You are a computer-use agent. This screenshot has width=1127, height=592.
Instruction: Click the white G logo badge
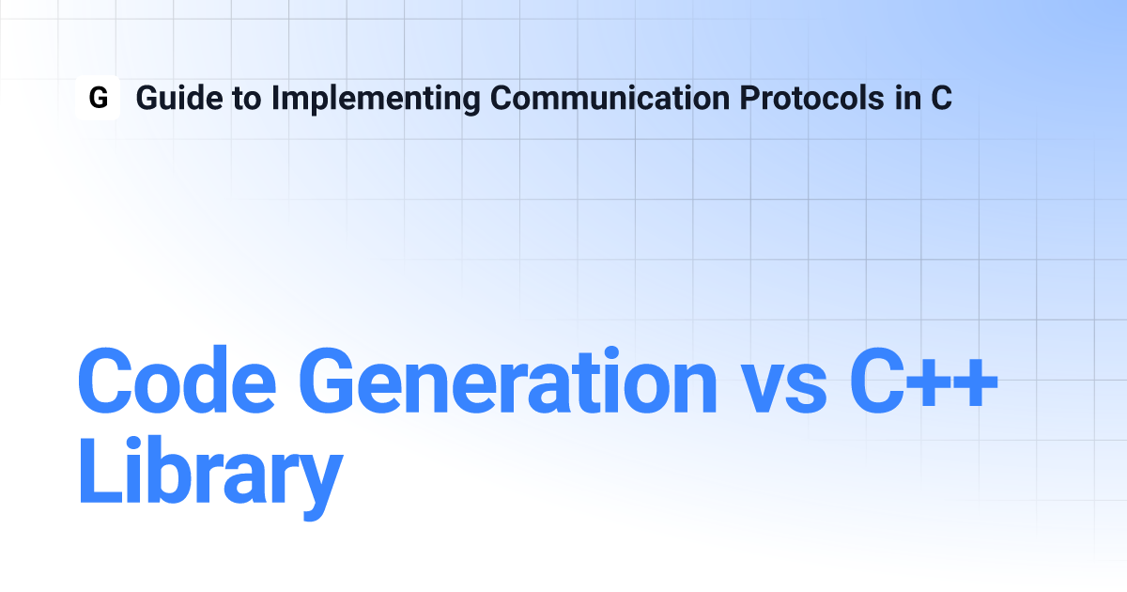tap(98, 98)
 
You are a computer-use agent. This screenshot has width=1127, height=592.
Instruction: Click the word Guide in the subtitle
tap(179, 98)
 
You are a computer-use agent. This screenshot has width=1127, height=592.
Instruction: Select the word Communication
tap(610, 98)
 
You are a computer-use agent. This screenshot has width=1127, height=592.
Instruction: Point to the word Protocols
tap(812, 98)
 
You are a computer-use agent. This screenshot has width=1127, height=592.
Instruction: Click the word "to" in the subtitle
tap(247, 99)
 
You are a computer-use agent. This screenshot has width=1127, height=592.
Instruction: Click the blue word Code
tap(177, 381)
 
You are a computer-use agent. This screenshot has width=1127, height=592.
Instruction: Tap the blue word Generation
tap(508, 381)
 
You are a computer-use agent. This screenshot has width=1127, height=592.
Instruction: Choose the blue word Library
tap(210, 477)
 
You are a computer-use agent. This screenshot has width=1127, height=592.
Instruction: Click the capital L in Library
tap(100, 470)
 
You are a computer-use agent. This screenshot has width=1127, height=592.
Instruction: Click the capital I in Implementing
tap(275, 98)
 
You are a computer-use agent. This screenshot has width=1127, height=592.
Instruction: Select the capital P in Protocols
tap(750, 98)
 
